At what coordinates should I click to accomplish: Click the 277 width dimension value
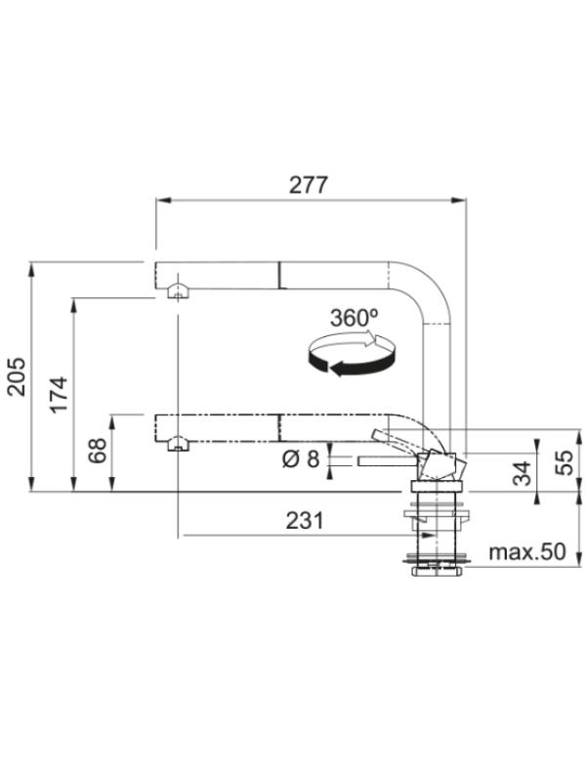click(309, 185)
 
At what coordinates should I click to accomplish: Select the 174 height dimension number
click(59, 395)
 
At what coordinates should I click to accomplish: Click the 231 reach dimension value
click(305, 521)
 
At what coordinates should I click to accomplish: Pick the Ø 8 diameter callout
click(301, 458)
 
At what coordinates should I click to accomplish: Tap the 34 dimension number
click(523, 473)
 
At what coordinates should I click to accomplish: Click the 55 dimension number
click(565, 462)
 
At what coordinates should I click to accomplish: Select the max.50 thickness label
click(527, 551)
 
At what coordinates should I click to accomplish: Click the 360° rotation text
click(355, 318)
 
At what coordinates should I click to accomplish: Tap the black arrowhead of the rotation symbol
click(338, 369)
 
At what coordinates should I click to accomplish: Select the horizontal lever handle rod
click(387, 461)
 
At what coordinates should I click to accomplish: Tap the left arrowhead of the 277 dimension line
click(163, 200)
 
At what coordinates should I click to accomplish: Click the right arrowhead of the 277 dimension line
click(458, 200)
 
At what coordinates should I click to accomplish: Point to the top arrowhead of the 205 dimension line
click(32, 270)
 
